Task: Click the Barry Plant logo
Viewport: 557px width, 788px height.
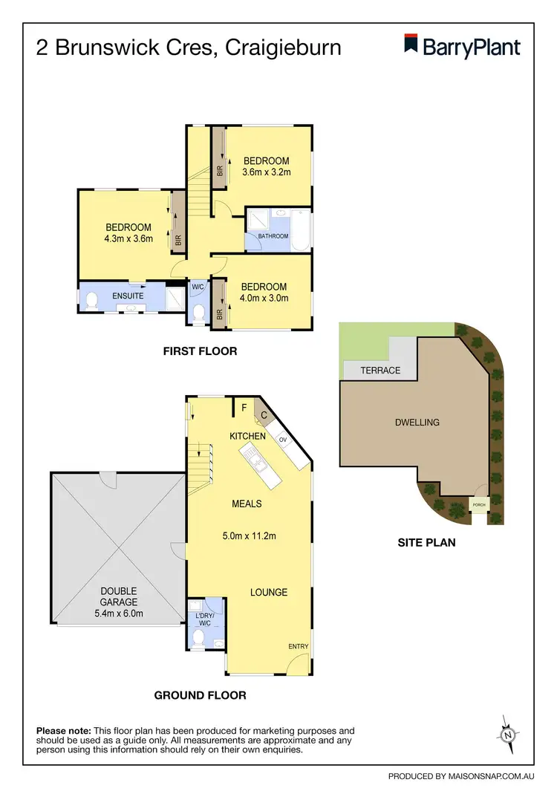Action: point(462,46)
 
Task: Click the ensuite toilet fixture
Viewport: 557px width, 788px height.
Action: point(91,301)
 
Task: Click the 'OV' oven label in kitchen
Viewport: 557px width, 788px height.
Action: point(283,440)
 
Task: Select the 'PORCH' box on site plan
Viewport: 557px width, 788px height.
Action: point(479,506)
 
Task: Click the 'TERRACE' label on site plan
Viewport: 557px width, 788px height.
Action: point(380,370)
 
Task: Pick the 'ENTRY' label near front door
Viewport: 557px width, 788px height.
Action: point(298,647)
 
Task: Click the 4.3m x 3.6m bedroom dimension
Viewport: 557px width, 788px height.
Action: point(128,239)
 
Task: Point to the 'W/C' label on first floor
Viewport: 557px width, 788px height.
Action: point(198,287)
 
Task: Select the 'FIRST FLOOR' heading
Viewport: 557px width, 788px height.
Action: point(200,351)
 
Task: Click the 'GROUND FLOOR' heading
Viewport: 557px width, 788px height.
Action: point(200,695)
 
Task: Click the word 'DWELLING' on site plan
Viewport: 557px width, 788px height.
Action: point(417,422)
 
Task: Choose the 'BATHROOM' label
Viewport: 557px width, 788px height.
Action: point(273,236)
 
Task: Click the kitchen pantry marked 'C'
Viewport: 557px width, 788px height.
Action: point(263,414)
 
